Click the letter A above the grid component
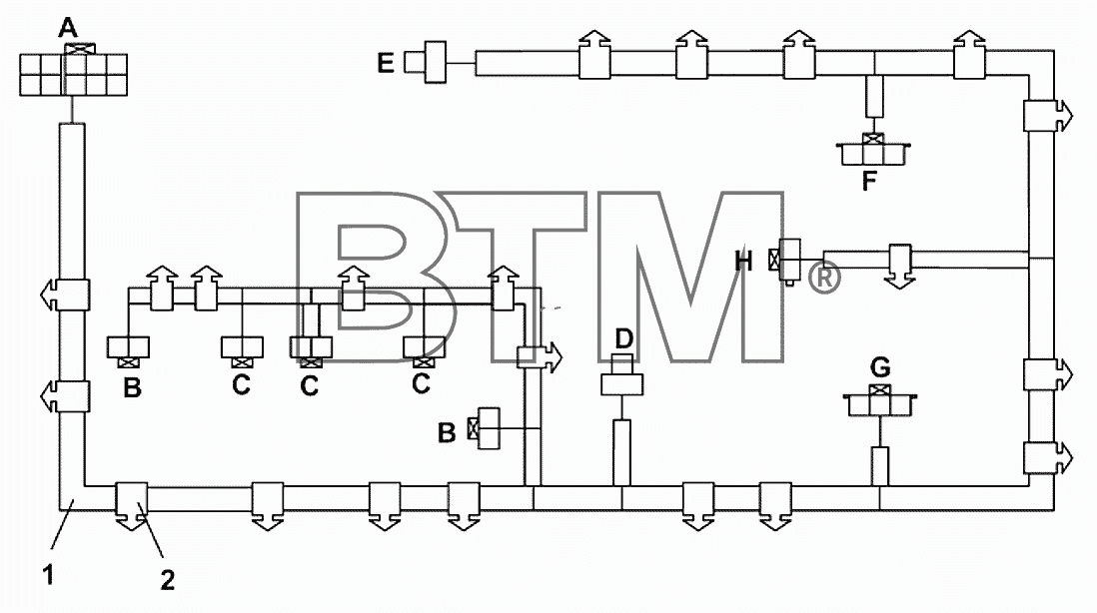click(x=68, y=29)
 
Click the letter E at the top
click(x=386, y=63)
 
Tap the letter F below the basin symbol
click(x=869, y=181)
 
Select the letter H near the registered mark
click(x=743, y=262)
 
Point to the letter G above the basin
click(x=880, y=367)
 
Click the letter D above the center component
click(x=623, y=339)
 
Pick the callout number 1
click(x=48, y=575)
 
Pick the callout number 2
click(x=167, y=580)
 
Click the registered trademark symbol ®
click(x=825, y=278)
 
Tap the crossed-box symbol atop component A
click(x=80, y=49)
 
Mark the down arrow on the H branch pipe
click(x=900, y=267)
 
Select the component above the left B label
click(x=127, y=350)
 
